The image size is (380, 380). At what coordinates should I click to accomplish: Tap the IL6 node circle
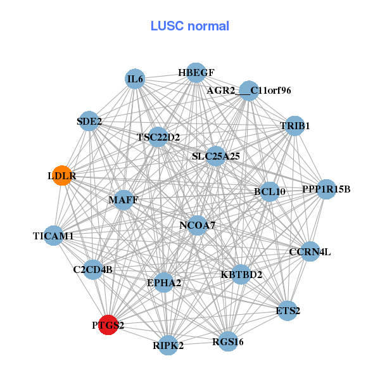pos(135,79)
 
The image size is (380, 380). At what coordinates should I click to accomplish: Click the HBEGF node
pos(196,72)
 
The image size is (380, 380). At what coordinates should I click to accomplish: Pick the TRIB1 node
pos(294,125)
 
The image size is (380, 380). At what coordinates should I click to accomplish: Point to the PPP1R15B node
pos(326,189)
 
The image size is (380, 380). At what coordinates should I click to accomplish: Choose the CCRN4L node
pos(309,251)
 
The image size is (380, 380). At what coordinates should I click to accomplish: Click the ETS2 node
pos(288,310)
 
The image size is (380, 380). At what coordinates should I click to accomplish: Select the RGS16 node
pos(227,341)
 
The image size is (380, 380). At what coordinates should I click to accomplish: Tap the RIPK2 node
pos(168,345)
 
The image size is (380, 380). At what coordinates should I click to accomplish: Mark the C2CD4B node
pos(93,269)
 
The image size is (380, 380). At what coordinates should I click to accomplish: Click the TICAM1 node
pos(54,236)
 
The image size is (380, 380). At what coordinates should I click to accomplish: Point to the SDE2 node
pos(89,120)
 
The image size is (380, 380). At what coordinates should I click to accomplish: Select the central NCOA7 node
pos(197,225)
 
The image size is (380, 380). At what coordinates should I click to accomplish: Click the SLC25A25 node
pos(216,155)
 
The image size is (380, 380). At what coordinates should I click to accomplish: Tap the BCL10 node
pos(270,191)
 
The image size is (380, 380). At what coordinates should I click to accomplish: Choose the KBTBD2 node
pos(241,274)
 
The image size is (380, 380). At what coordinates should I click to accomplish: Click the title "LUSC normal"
pos(189,26)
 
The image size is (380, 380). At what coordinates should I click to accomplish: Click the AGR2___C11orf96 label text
pos(249,91)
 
